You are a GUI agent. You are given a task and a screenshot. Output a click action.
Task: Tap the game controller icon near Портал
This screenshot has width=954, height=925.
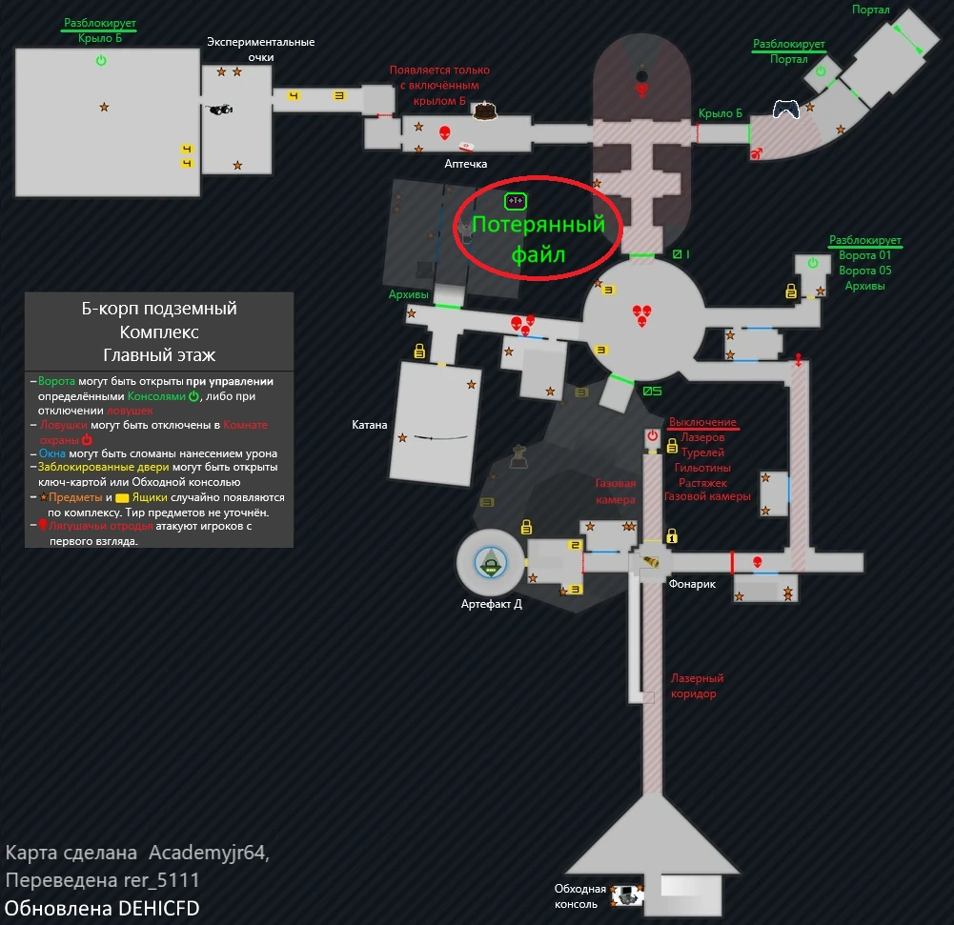(x=785, y=110)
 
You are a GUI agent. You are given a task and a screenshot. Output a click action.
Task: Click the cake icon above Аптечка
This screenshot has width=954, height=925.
(x=485, y=111)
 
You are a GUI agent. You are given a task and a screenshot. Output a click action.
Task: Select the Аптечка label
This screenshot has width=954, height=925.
(x=466, y=164)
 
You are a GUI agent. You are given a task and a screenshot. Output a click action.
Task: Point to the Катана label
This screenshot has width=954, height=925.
(x=370, y=425)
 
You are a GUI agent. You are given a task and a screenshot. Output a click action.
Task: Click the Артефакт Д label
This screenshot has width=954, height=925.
(x=491, y=603)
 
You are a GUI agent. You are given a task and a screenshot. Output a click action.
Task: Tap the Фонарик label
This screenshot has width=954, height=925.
(x=692, y=584)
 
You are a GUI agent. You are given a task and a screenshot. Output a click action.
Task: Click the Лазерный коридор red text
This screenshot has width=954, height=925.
(x=697, y=686)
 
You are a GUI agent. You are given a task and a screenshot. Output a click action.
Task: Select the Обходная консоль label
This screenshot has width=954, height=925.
(x=580, y=896)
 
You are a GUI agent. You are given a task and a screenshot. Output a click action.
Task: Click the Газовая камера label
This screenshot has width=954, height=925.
(x=615, y=491)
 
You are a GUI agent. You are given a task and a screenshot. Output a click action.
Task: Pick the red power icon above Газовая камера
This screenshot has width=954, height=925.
(x=652, y=436)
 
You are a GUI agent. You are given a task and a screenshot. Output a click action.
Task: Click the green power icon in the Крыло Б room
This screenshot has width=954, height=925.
(x=101, y=61)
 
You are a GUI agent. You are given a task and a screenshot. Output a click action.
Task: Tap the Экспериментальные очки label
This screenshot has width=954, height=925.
(x=260, y=50)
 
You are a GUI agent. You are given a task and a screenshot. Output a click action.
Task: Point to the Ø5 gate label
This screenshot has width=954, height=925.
(x=652, y=391)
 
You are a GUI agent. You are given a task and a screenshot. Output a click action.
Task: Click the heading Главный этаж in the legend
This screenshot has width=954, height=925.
(x=159, y=355)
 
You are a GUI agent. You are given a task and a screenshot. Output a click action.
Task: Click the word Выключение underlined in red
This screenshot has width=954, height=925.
(x=702, y=422)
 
